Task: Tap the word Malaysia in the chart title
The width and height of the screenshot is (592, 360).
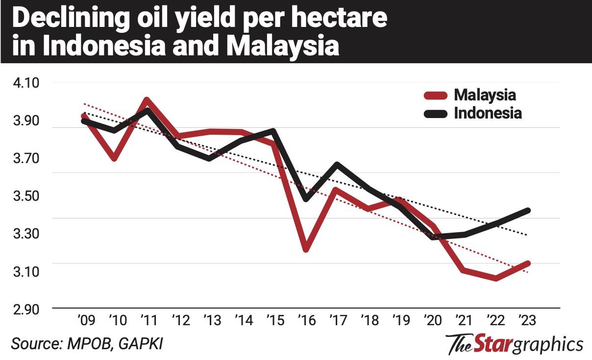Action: pos(284,48)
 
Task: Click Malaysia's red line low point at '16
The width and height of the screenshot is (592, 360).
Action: pos(305,249)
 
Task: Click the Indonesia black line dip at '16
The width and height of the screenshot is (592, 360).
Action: pos(306,199)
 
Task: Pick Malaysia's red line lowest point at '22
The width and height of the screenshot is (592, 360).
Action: pos(496,278)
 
